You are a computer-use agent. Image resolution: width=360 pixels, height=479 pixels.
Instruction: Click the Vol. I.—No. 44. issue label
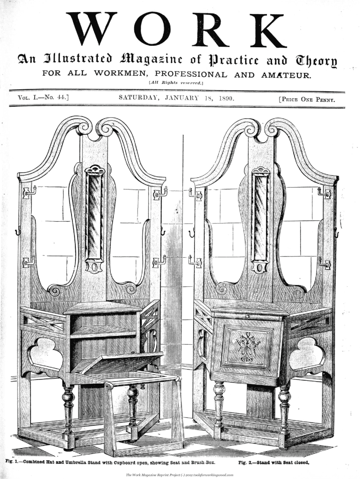coord(43,99)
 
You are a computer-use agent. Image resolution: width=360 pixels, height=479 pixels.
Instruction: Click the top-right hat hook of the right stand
coord(324,192)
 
